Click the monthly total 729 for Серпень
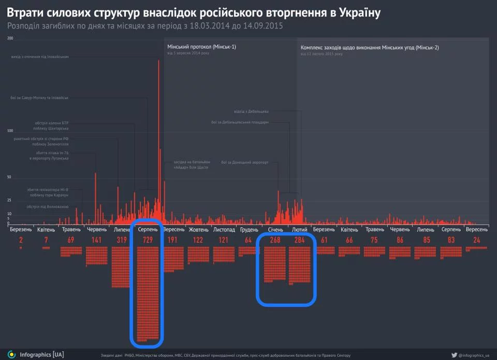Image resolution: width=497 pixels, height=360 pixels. coord(148,240)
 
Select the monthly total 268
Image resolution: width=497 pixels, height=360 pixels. coord(275,240)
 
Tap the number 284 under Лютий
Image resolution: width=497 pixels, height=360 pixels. coord(300,240)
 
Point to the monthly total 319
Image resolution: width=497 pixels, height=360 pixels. coord(122,240)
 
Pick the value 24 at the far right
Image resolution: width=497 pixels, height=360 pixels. coord(476,240)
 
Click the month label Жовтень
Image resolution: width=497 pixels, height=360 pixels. coord(199,229)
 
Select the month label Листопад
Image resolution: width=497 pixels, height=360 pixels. coord(224,229)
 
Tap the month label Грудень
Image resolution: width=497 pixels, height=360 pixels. coord(249,229)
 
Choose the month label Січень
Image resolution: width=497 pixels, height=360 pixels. coord(275,229)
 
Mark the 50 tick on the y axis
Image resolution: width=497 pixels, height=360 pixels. coord(9,177)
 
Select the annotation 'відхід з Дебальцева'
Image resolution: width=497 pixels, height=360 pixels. coord(251,111)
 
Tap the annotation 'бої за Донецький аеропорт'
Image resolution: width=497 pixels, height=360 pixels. coord(245,162)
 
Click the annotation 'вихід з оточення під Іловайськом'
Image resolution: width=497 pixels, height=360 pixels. coord(40,57)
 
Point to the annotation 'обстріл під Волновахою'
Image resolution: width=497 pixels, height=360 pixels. coord(48,207)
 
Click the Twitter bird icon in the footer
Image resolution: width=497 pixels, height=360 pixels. coord(454,355)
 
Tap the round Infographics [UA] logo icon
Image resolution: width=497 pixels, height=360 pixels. coord(11,354)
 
